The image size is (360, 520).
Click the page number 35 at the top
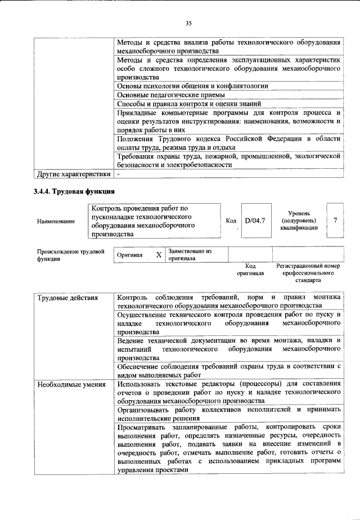(188, 23)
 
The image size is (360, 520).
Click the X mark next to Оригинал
(159, 255)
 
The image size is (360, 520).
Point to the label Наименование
(56, 221)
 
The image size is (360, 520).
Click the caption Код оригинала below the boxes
(251, 269)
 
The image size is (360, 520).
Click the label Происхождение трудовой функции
(70, 255)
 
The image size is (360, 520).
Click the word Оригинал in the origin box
(130, 255)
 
